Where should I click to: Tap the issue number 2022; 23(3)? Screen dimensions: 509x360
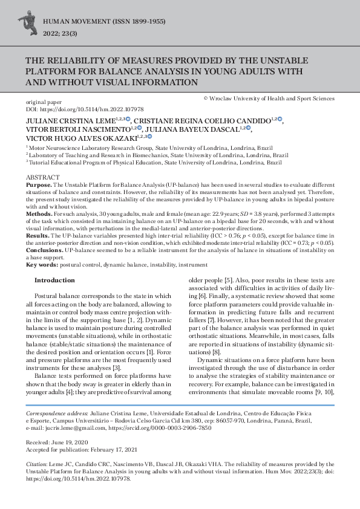coord(59,34)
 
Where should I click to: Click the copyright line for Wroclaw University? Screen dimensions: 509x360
coord(269,98)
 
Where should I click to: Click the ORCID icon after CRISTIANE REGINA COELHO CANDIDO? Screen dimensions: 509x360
coord(280,120)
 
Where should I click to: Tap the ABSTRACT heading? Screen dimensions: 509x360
coord(39,177)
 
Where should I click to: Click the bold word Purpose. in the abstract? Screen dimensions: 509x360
coord(38,184)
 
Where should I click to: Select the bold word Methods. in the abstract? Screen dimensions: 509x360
coord(39,214)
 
